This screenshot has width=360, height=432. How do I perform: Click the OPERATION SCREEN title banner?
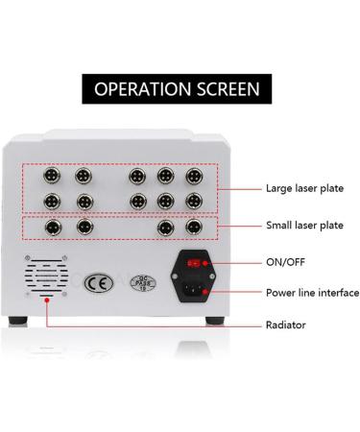coord(180,89)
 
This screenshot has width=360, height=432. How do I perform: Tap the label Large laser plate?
coord(305,189)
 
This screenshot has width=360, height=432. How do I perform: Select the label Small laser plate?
coord(305,226)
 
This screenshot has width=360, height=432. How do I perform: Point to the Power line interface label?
coord(311,292)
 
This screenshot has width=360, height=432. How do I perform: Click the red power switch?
coord(196,260)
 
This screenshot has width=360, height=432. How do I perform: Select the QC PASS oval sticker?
coord(142,284)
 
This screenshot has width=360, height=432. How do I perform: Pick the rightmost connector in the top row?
coord(193,178)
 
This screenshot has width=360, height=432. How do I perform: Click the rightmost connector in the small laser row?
coord(193,228)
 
